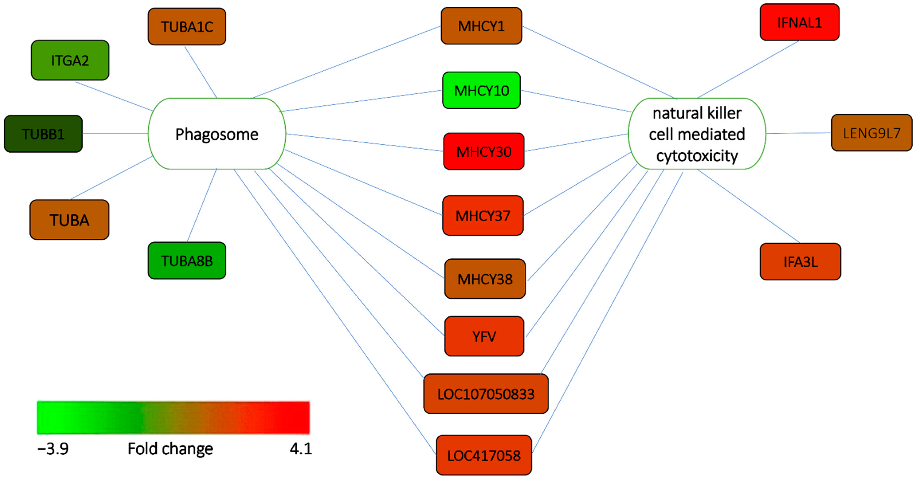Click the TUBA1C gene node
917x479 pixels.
tap(187, 27)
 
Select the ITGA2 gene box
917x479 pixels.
tap(70, 60)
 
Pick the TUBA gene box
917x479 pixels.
tap(69, 220)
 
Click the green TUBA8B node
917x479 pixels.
tap(187, 260)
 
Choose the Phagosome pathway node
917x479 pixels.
tap(217, 134)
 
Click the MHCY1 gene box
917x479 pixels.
tap(481, 26)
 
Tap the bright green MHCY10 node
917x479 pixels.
tap(481, 91)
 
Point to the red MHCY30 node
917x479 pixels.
tap(484, 152)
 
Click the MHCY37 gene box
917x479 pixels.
tap(483, 216)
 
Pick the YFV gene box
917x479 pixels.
tap(484, 336)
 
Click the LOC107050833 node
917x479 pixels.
tap(486, 394)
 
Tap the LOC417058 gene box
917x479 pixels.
tap(484, 455)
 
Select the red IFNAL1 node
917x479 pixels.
tap(800, 22)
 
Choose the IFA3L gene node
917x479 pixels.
tap(800, 262)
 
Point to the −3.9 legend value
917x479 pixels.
tap(53, 449)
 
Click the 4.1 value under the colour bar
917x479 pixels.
tap(301, 449)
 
